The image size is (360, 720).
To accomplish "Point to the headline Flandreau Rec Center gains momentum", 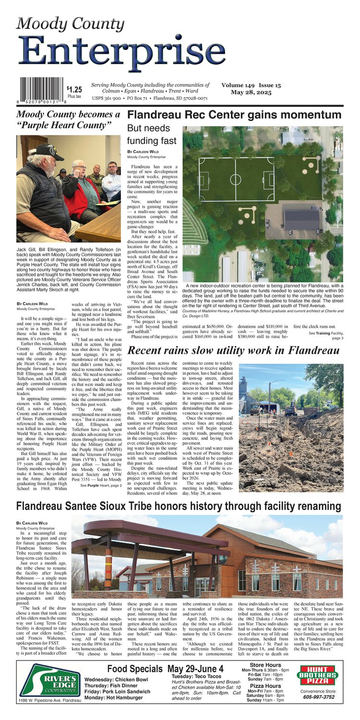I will click(234, 115).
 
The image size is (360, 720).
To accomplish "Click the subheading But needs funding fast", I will click(148, 135).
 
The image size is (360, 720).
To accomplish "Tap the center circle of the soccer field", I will click(235, 179).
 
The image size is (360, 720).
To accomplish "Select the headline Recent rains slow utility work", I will click(233, 350).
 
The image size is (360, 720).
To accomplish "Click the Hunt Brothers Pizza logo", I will click(318, 675).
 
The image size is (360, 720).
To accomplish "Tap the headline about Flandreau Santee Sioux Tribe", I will click(179, 506).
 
